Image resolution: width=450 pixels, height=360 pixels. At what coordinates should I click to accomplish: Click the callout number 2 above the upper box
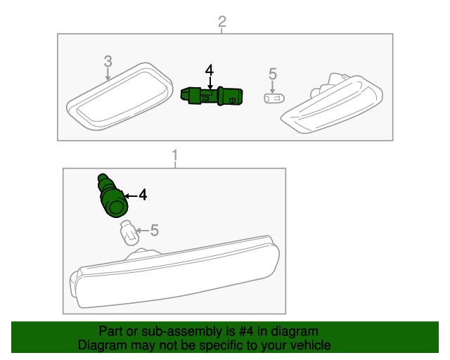click(x=222, y=22)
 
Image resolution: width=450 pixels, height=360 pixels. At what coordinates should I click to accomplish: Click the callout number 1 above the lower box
click(x=175, y=155)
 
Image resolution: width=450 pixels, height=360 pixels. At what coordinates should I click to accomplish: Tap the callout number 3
click(x=108, y=61)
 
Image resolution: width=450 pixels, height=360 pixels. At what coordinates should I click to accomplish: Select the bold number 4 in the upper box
click(x=210, y=70)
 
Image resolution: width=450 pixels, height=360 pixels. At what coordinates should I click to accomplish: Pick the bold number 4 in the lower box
click(x=143, y=195)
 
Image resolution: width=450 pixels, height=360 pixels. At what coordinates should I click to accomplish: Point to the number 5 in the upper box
click(x=273, y=74)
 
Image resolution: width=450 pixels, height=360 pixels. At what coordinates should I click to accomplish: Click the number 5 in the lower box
click(x=155, y=230)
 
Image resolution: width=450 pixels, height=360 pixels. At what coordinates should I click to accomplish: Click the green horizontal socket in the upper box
click(x=212, y=96)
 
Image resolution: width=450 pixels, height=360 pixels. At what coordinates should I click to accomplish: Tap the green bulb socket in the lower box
click(x=112, y=195)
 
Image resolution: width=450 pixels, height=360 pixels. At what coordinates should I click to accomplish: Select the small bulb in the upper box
click(x=274, y=98)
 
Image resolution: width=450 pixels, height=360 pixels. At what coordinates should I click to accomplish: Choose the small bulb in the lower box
click(x=129, y=233)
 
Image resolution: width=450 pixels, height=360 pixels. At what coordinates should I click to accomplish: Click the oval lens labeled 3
click(x=120, y=96)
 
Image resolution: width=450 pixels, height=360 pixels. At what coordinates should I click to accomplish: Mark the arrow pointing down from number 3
click(x=108, y=75)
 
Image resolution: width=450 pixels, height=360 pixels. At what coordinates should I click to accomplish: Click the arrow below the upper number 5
click(x=272, y=87)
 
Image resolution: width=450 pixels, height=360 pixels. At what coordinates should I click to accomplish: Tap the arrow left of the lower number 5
click(x=142, y=231)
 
